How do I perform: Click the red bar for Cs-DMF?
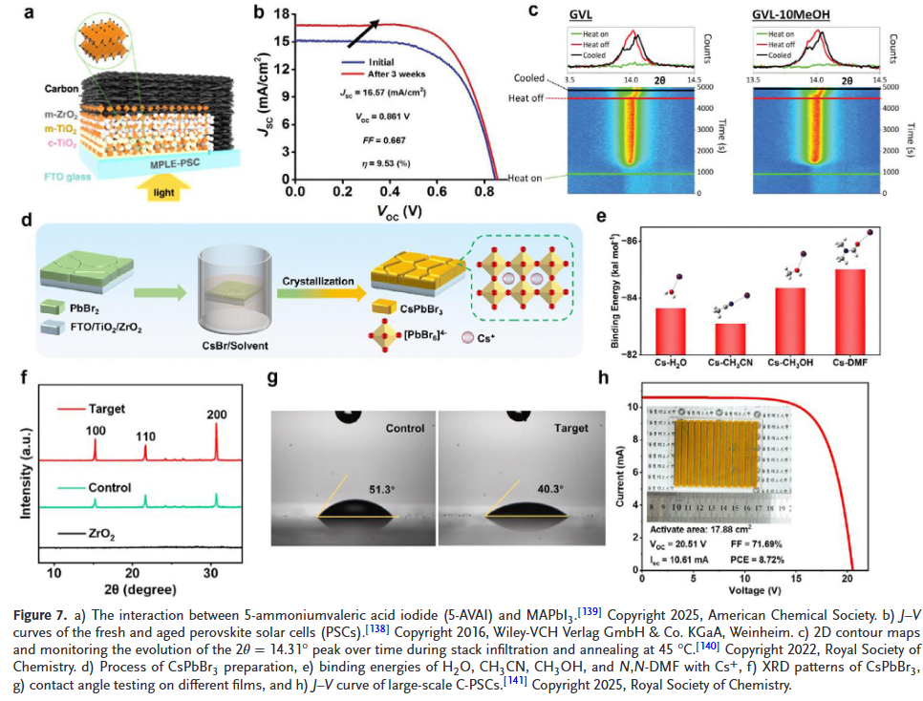[849, 311]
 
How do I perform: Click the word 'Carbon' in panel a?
[62, 89]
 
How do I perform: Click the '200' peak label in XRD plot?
[217, 414]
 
